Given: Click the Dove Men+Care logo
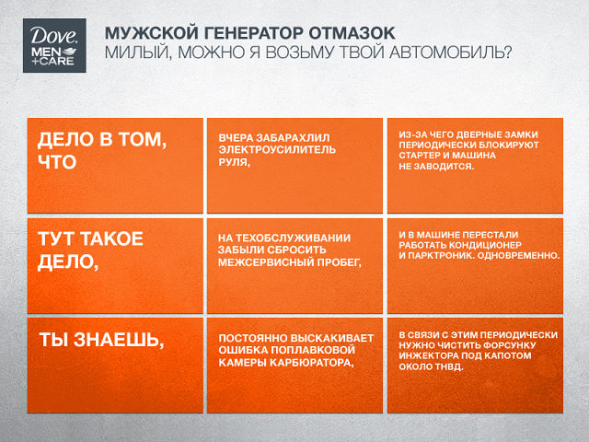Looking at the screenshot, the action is (x=54, y=45).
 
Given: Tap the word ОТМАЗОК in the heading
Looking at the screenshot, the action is (x=352, y=33).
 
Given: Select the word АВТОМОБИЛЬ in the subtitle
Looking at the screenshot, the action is (x=450, y=52).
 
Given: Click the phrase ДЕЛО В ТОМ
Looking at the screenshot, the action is (x=102, y=139).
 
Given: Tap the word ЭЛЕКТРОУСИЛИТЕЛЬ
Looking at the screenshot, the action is (x=277, y=149).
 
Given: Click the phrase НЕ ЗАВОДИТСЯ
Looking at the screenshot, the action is (x=436, y=166).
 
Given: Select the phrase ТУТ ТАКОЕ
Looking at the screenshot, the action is (x=90, y=238).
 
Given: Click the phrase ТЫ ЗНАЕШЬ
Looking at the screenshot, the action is (x=102, y=340).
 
